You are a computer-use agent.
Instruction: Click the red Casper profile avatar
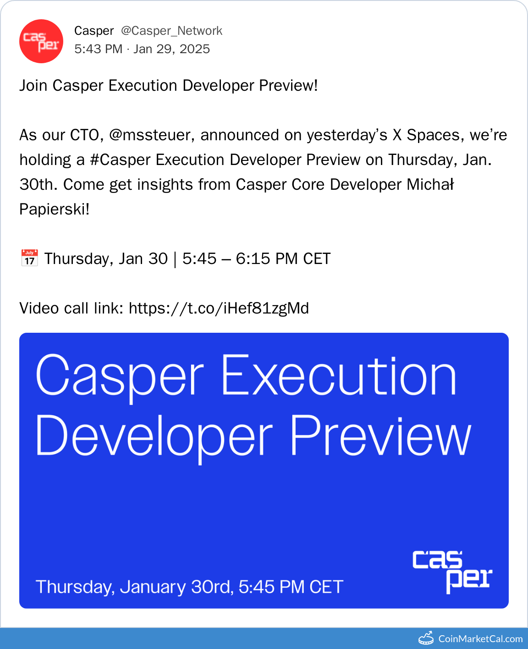click(41, 41)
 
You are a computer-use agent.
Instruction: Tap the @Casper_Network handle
click(171, 31)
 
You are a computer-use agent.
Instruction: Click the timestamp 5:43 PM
click(98, 49)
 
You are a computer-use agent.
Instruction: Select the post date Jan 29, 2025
click(171, 49)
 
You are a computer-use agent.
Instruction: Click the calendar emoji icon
click(29, 258)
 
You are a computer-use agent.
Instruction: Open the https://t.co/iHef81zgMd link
click(219, 308)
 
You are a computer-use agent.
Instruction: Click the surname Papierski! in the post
click(54, 209)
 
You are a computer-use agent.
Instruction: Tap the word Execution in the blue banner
click(339, 376)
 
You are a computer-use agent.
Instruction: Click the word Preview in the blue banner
click(380, 436)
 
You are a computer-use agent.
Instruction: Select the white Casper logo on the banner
click(452, 572)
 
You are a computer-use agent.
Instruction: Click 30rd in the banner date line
click(212, 587)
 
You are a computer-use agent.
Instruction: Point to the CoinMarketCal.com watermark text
click(480, 638)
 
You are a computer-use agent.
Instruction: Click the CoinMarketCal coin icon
click(426, 638)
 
